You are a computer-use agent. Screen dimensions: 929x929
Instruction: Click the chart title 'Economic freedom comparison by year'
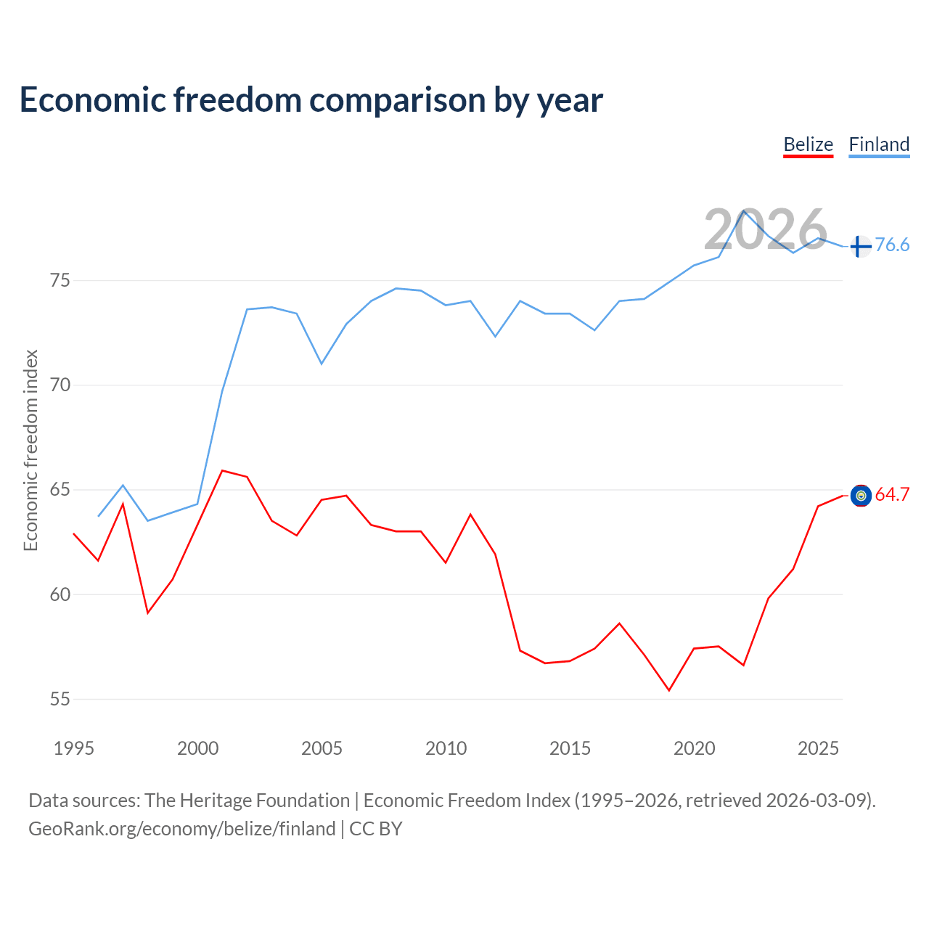tap(311, 100)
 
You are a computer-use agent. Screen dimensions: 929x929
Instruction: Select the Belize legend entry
tap(808, 144)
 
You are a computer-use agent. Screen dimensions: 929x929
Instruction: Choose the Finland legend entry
tap(879, 144)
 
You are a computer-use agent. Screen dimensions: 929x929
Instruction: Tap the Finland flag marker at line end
tap(860, 247)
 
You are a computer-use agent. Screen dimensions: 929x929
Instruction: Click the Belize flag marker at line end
tap(860, 496)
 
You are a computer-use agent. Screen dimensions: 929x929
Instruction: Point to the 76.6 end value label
tap(892, 245)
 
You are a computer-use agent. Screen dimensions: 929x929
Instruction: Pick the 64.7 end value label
tap(892, 495)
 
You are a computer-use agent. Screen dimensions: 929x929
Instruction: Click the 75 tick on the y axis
tap(60, 280)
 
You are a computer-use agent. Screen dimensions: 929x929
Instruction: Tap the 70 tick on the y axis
tap(60, 385)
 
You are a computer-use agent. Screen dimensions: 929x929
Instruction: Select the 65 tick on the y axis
tap(60, 490)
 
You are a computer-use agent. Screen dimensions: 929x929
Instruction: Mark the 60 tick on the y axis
tap(60, 594)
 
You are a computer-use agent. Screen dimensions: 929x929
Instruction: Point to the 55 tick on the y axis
tap(60, 699)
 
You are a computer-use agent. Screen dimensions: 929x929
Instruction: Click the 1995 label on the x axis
tap(74, 748)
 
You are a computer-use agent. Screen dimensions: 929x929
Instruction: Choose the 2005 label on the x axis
tap(322, 748)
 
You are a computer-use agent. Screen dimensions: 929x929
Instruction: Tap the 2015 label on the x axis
tap(570, 748)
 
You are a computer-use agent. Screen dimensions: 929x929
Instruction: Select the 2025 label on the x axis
tap(818, 748)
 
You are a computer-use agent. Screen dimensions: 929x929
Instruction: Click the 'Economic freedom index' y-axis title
tap(30, 450)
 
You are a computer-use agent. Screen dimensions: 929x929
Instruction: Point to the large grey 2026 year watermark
tap(765, 230)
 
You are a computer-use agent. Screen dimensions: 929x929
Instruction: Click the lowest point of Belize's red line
tap(669, 690)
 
